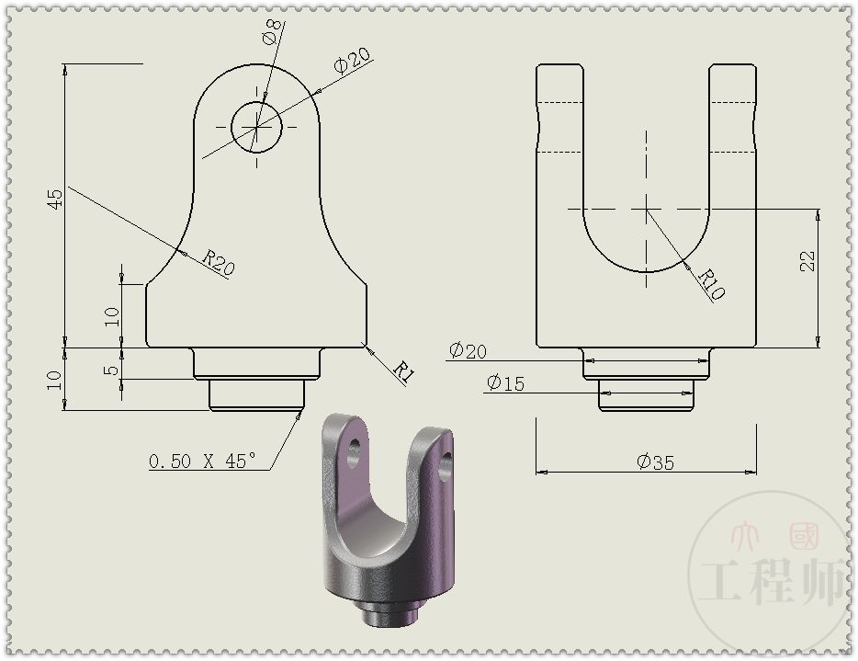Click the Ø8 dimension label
271,35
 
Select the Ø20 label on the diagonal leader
352,60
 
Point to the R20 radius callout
220,262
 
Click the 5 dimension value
111,370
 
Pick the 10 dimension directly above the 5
111,316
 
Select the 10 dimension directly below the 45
54,379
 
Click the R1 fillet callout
403,370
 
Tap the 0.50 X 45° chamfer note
203,461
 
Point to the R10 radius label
711,284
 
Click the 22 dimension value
807,261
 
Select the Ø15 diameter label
505,382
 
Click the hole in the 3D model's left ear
352,452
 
